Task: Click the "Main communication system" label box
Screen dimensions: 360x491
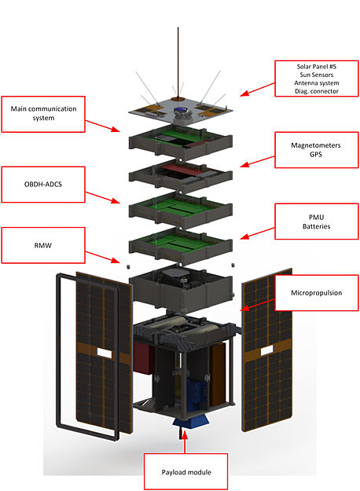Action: coord(43,114)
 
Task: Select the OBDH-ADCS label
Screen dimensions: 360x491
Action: coord(43,184)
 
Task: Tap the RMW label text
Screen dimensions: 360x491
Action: coord(43,245)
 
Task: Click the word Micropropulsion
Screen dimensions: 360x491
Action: coord(317,293)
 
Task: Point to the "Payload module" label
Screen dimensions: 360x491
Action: coord(186,472)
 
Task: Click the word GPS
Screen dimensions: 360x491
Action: coord(316,155)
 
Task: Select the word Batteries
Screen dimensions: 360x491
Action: coord(317,226)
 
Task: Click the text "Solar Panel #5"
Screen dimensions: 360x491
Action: coord(317,67)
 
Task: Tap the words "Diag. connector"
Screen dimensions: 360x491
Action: coord(317,91)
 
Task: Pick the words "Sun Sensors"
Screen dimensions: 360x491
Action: coord(317,75)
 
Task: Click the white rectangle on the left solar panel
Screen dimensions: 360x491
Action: coord(105,353)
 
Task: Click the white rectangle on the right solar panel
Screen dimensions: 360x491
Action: coord(266,350)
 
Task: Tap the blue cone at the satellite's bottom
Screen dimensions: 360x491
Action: coord(191,421)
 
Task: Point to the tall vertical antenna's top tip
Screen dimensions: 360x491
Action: coord(178,27)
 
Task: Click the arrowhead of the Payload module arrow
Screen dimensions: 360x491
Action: coord(185,434)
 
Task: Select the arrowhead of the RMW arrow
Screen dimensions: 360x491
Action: coord(116,260)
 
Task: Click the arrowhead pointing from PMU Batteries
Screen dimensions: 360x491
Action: coord(244,236)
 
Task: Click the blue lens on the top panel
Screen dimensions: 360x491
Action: coord(180,110)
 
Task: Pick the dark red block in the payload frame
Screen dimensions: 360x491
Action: coord(143,357)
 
